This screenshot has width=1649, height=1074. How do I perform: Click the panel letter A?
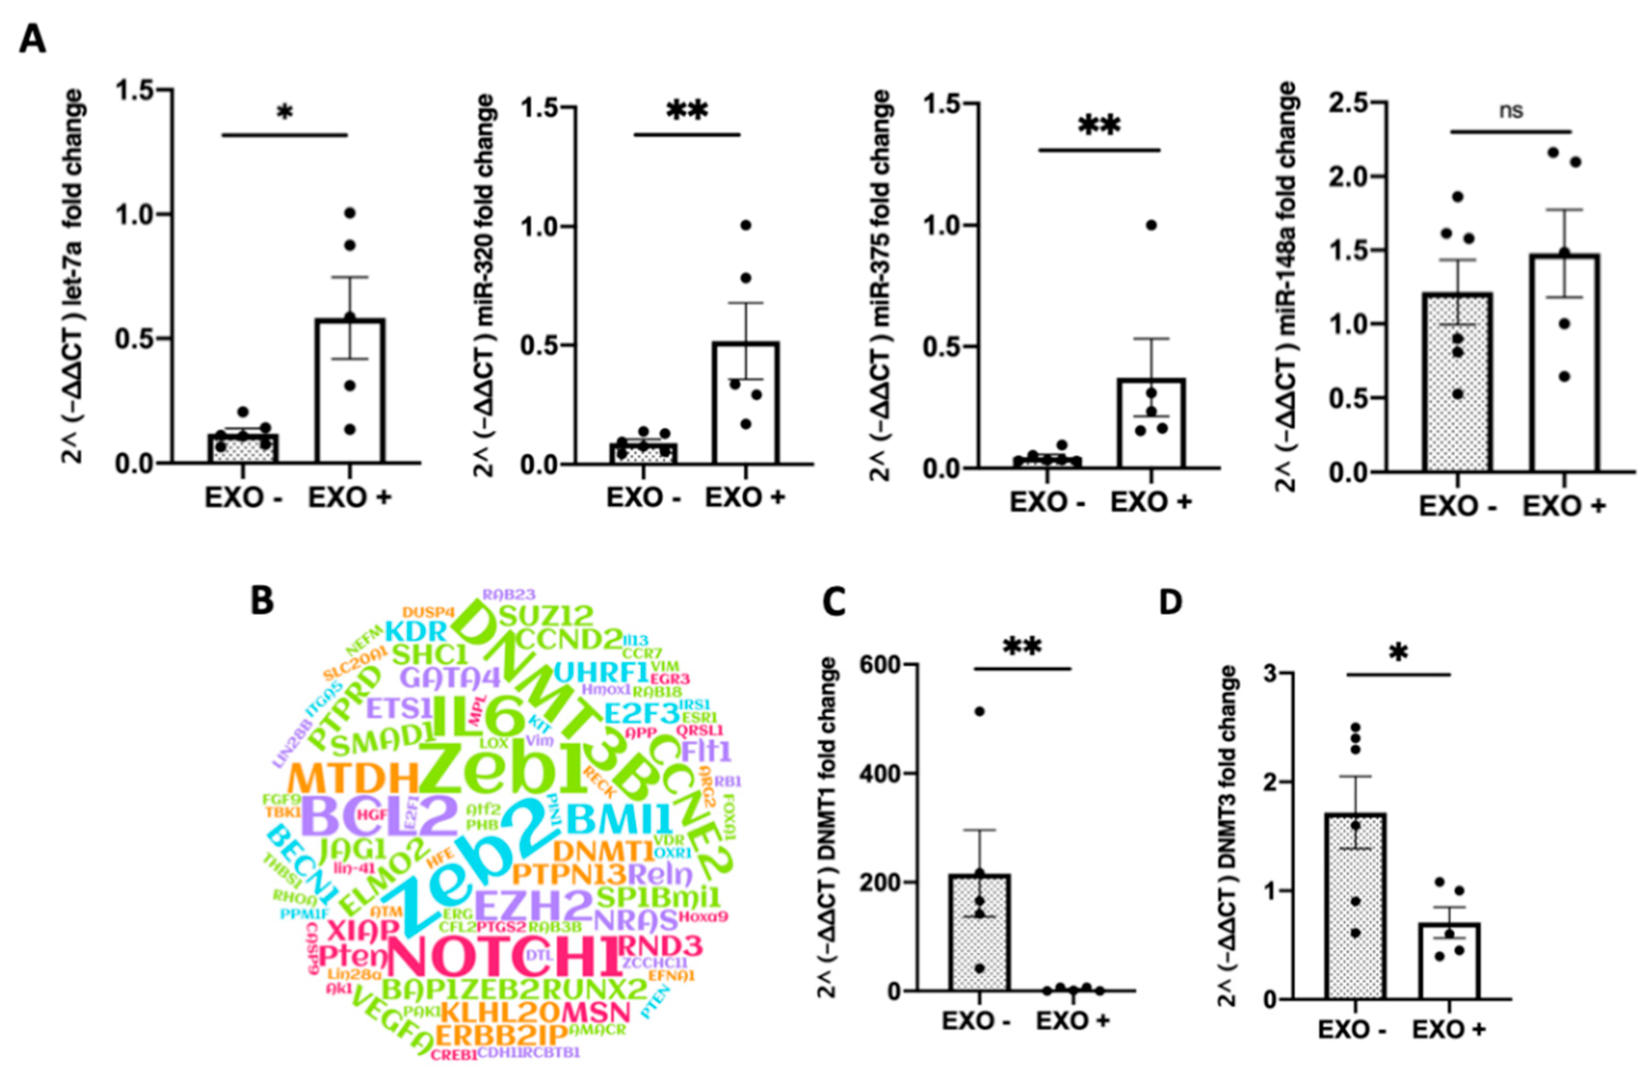(33, 39)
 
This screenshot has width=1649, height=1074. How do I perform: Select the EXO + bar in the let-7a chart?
(351, 402)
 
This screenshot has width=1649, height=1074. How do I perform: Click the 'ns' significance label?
(1511, 111)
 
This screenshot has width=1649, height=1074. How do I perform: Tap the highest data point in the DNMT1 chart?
(979, 712)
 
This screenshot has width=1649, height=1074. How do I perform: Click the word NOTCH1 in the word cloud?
(504, 957)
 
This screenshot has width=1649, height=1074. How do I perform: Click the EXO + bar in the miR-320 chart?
(746, 409)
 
